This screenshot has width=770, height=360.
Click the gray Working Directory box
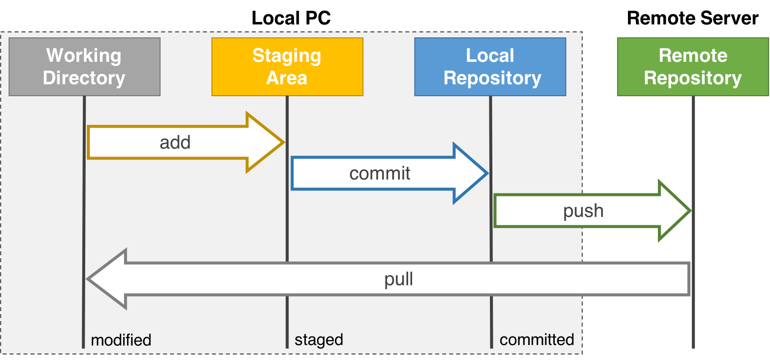tap(84, 67)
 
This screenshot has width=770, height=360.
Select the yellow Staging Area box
tap(287, 67)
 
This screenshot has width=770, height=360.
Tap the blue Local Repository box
tap(490, 67)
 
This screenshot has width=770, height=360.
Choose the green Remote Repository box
tap(693, 67)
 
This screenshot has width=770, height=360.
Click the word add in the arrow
tap(175, 143)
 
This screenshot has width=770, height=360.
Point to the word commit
tap(380, 174)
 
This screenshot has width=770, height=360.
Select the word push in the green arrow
tap(583, 211)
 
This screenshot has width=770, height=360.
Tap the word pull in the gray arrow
tap(399, 279)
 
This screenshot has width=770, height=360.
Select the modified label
tap(121, 341)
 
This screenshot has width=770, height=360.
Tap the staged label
tap(318, 340)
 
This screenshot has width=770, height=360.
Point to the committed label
tap(537, 340)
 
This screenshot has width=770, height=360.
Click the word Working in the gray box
tap(84, 55)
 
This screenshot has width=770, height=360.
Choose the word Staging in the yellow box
tap(287, 55)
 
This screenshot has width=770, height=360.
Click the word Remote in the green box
tap(693, 55)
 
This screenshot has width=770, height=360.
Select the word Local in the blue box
tap(490, 55)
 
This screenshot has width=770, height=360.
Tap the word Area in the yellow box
tap(287, 78)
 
